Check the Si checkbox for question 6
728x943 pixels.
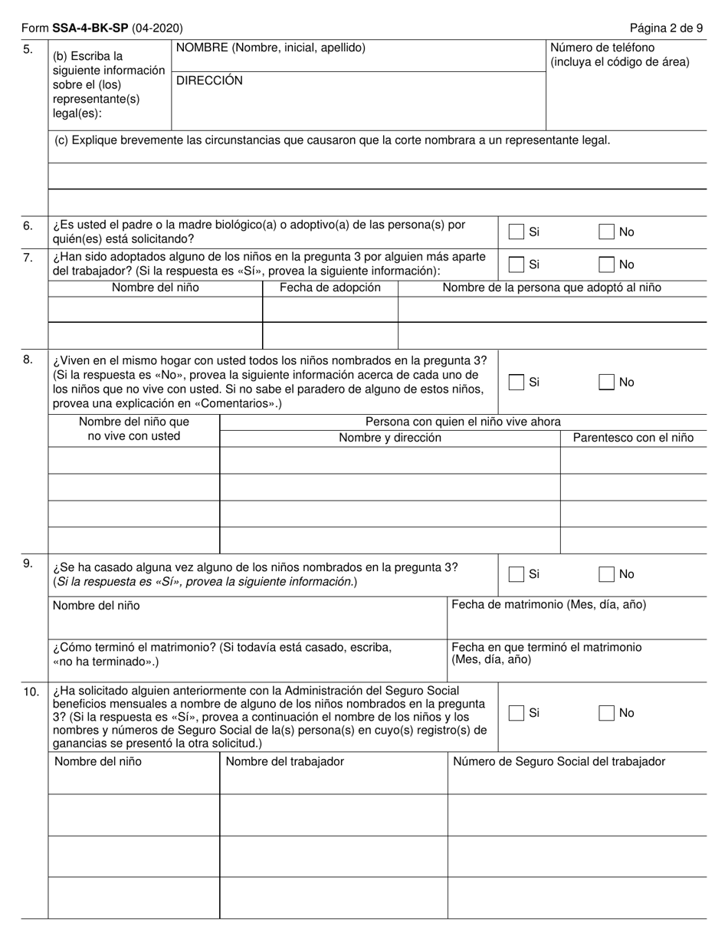517,232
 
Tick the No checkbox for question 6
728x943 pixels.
607,232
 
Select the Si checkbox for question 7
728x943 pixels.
517,264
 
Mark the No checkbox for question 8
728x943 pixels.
607,382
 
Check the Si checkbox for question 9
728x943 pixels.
517,573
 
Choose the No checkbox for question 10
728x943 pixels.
607,713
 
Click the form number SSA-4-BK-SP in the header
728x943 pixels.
90,28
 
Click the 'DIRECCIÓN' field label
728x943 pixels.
209,80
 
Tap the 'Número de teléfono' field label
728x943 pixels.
602,48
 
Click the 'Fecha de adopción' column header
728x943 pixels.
330,287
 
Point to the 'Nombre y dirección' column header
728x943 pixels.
390,438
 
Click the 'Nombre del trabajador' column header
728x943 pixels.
284,761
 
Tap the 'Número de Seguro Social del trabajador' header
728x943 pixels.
559,761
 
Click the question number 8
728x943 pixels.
28,359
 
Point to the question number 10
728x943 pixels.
31,692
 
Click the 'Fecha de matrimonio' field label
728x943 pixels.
549,604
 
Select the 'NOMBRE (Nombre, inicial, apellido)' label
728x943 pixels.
271,48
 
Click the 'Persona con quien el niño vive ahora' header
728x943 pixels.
463,421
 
